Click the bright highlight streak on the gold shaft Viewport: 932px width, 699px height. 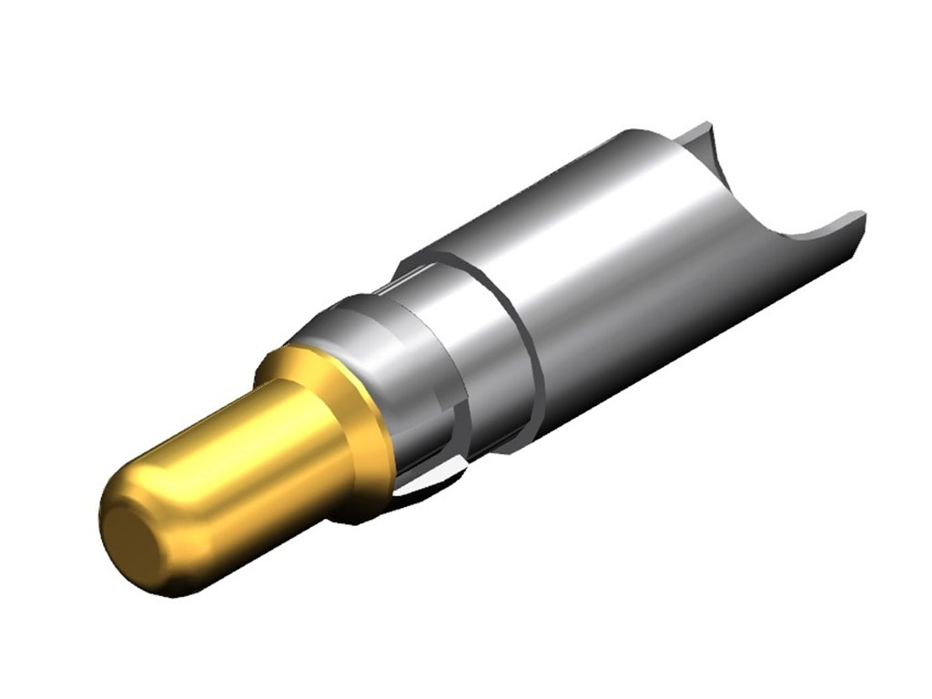[x=228, y=446]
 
